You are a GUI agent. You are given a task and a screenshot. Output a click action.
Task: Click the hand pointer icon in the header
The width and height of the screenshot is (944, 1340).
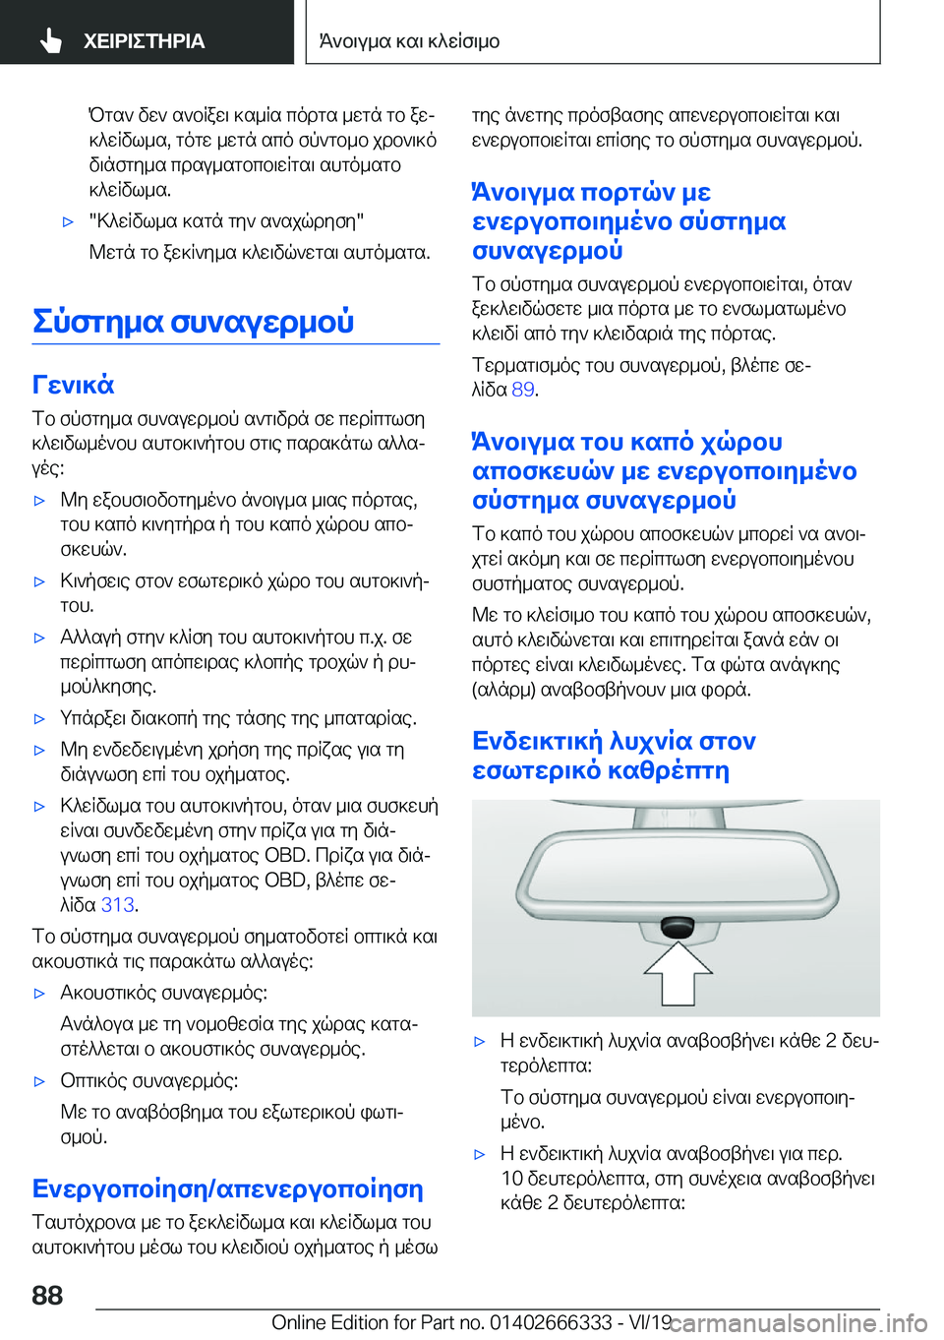(51, 40)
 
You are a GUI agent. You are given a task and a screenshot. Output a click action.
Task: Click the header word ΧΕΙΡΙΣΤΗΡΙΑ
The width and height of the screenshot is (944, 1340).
(144, 41)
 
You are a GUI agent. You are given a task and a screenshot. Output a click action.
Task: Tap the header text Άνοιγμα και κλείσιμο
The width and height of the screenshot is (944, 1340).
(409, 41)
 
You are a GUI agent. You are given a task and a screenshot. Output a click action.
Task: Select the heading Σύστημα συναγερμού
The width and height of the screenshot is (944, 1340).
(194, 322)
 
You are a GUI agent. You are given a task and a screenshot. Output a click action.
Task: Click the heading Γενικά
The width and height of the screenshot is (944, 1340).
(74, 385)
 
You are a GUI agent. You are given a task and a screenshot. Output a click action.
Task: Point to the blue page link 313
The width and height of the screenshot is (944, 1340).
(117, 905)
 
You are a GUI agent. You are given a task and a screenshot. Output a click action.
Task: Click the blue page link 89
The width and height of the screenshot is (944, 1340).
(523, 390)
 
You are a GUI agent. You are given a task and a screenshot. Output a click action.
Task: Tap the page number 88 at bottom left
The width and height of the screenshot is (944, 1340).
(47, 1295)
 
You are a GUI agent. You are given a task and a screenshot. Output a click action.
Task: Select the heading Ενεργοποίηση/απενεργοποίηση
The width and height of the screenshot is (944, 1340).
(228, 1188)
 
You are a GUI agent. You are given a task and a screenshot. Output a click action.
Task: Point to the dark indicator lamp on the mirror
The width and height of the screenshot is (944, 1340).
(678, 926)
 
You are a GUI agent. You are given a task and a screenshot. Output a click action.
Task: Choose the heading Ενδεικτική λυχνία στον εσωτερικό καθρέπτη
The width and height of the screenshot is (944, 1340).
(615, 755)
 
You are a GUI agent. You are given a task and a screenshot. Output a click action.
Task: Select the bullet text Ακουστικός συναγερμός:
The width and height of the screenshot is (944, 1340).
(164, 993)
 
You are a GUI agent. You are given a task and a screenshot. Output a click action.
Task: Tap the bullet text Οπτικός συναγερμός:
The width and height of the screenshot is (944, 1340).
(149, 1081)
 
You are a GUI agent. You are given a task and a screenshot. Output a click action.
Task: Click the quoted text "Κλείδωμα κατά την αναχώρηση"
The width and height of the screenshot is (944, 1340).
(226, 221)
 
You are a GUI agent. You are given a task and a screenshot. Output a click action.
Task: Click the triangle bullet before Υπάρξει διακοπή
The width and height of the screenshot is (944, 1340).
(40, 719)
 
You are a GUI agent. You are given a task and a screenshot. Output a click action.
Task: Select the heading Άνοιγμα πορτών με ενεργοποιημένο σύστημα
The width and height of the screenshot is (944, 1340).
(628, 220)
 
